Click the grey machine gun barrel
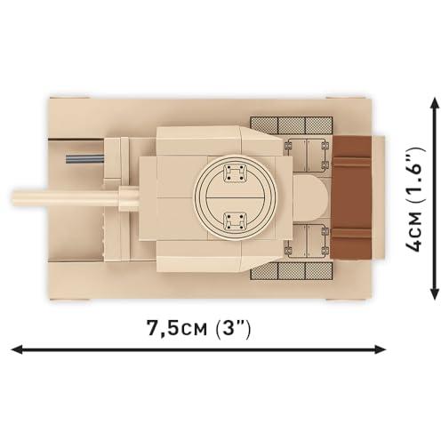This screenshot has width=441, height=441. point(84,159)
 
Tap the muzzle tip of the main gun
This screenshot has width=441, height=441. point(13,198)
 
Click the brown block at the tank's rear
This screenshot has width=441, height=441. point(351,198)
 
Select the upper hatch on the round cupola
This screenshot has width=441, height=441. point(235,173)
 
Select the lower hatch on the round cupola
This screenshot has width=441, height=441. point(235,221)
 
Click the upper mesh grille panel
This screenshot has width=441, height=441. point(292,125)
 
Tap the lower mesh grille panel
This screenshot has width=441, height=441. point(292,271)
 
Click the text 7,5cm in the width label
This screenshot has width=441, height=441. point(177,328)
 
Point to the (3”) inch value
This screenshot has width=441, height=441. point(233,328)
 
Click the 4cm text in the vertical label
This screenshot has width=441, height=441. point(415,231)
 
